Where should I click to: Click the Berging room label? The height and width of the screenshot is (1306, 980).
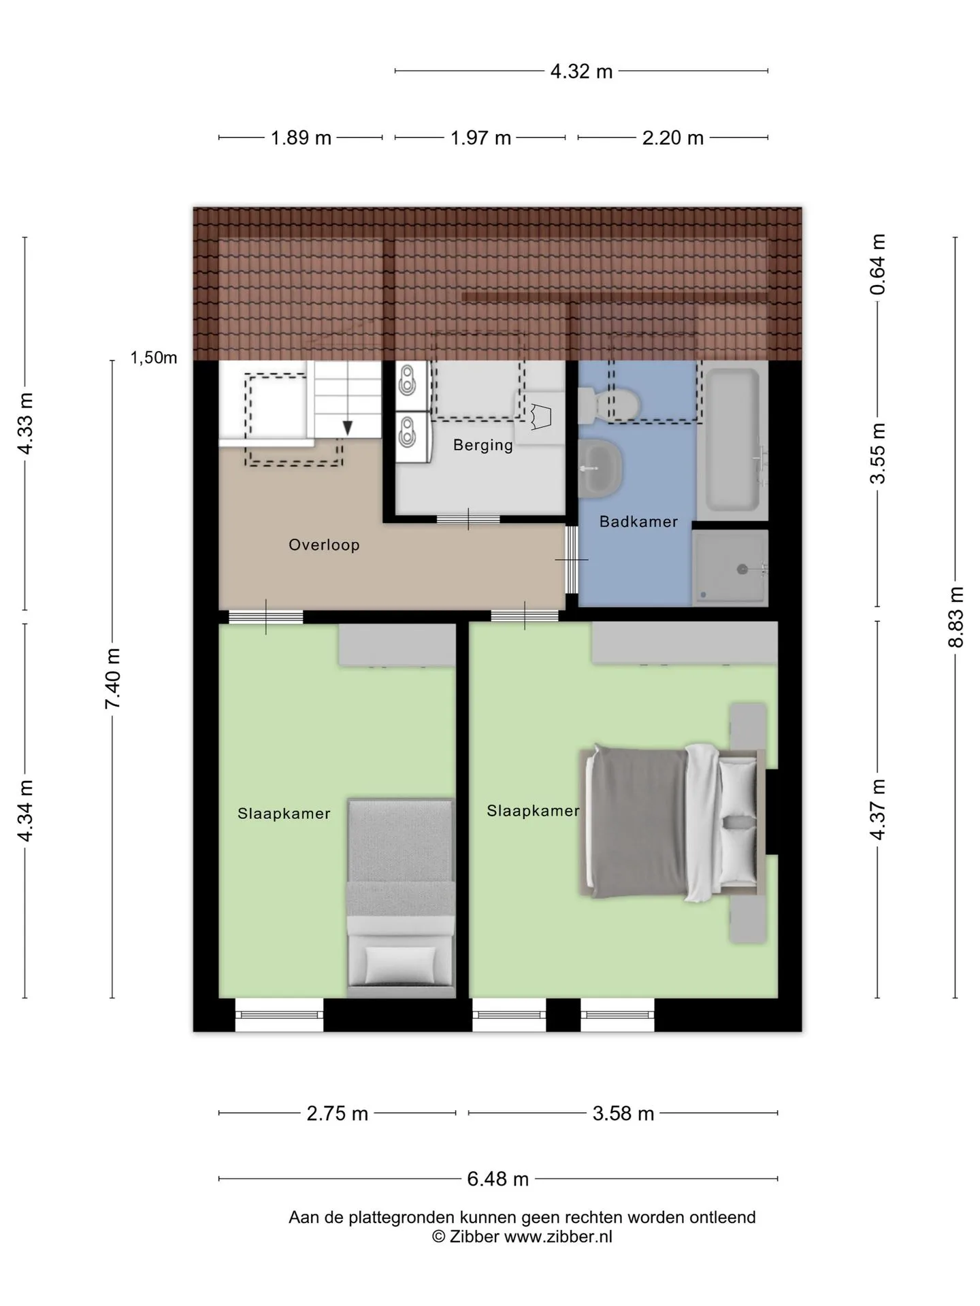point(483,446)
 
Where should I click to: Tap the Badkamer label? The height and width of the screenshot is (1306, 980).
point(638,522)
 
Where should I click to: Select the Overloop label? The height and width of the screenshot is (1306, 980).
point(324,545)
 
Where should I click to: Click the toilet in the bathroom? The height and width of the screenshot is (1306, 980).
point(608,405)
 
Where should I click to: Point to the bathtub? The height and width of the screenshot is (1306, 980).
point(733,440)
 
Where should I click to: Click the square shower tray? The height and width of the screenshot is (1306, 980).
point(730,568)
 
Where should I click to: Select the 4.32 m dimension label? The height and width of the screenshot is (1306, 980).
point(581,71)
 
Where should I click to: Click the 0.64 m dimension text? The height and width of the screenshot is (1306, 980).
point(879,264)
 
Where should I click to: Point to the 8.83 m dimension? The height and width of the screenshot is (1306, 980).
point(956,617)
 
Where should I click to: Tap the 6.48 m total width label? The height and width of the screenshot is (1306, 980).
point(497,1179)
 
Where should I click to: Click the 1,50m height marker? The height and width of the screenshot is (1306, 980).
point(154,358)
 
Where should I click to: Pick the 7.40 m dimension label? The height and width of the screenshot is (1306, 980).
point(112,679)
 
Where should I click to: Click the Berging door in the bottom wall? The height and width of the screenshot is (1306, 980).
point(468,520)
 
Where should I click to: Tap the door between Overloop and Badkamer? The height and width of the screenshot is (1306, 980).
point(572,559)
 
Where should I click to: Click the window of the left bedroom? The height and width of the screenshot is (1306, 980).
point(280,1015)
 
